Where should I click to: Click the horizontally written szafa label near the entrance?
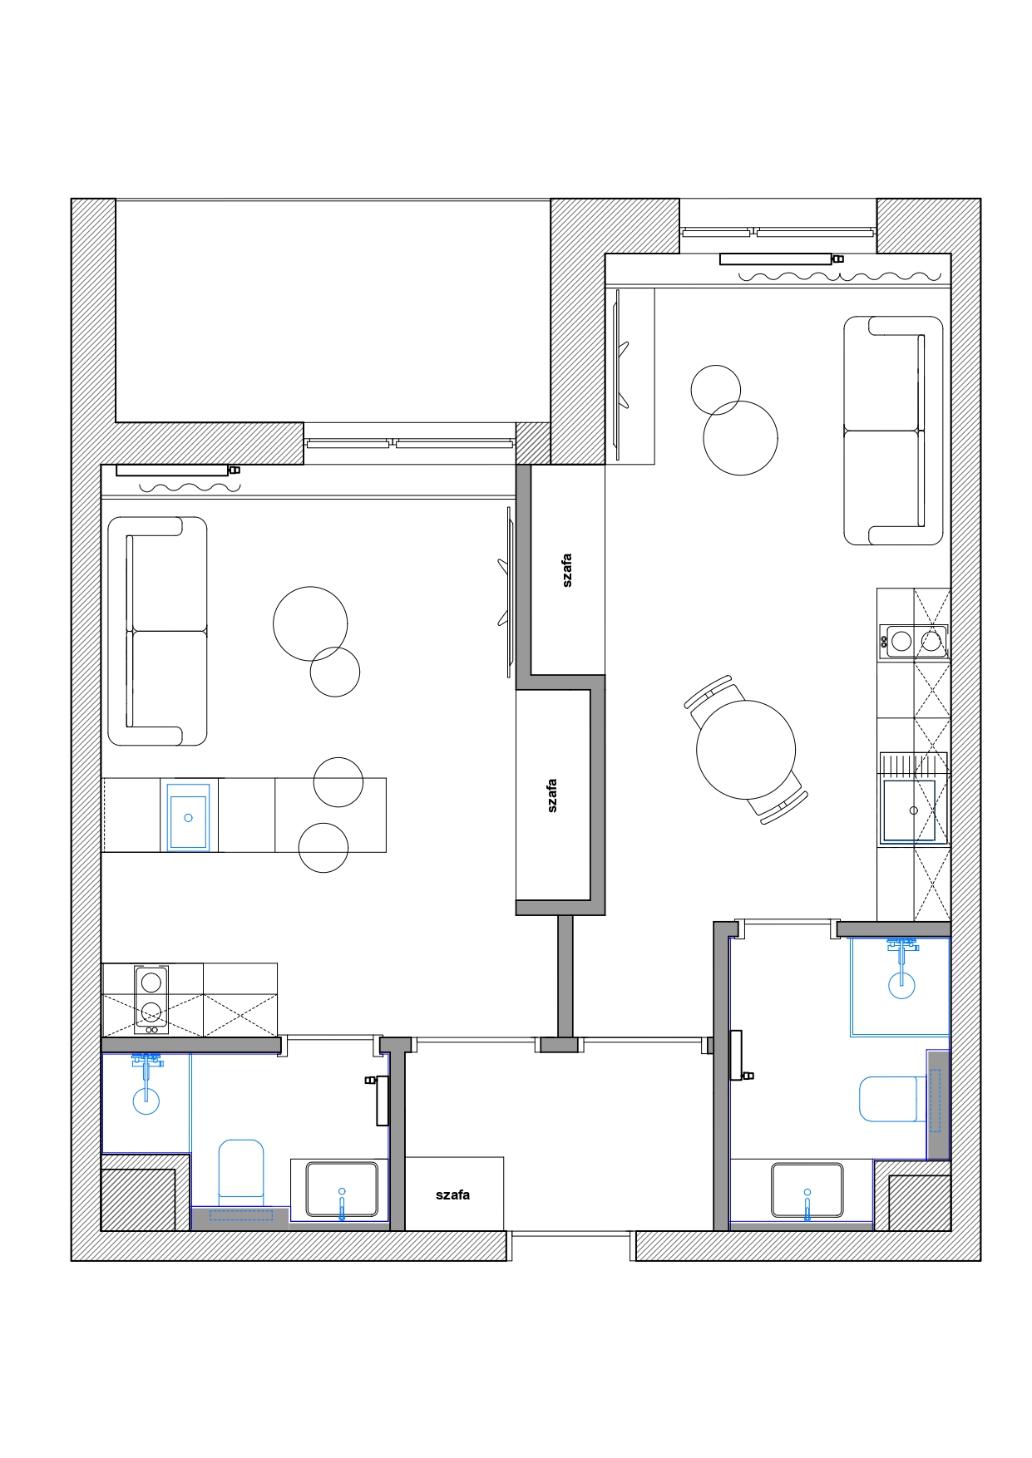(452, 1194)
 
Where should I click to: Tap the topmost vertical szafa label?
(567, 570)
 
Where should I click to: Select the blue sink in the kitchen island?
(188, 817)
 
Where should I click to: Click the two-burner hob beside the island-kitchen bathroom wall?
(151, 999)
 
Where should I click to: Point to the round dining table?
(746, 750)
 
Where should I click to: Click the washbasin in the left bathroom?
(341, 1190)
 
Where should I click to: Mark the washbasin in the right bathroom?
(807, 1190)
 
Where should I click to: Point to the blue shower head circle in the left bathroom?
(146, 1101)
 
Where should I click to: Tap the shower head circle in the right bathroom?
(902, 985)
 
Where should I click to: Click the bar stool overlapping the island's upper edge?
(338, 782)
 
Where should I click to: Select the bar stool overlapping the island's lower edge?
(323, 848)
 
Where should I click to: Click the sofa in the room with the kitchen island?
(157, 631)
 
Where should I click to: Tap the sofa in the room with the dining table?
(893, 430)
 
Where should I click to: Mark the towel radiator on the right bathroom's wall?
(736, 1055)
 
